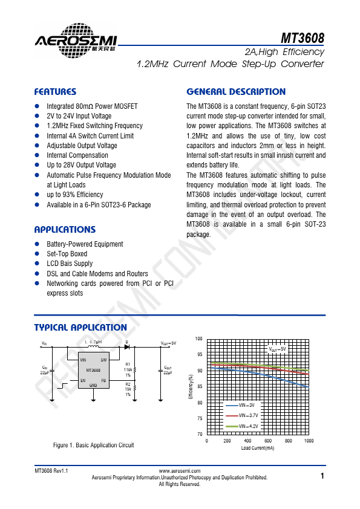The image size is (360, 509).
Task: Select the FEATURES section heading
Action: click(x=55, y=92)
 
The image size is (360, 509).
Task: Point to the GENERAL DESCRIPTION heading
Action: click(x=236, y=92)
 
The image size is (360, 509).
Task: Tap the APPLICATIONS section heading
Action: click(x=65, y=230)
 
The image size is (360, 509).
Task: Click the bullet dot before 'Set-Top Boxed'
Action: click(x=38, y=254)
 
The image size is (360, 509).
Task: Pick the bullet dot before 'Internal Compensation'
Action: click(x=38, y=155)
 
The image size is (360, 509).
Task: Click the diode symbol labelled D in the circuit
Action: click(x=127, y=348)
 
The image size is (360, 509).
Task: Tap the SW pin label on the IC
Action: click(x=103, y=360)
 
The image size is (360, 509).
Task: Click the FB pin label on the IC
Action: click(x=103, y=380)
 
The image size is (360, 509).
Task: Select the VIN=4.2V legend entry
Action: click(x=241, y=426)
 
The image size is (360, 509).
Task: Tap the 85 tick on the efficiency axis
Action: click(x=200, y=386)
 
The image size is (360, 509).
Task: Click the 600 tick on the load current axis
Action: click(x=268, y=441)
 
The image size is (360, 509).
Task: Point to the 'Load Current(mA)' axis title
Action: click(x=258, y=449)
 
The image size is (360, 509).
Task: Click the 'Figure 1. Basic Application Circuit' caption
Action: click(x=94, y=445)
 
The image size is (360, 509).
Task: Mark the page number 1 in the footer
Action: click(x=323, y=476)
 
